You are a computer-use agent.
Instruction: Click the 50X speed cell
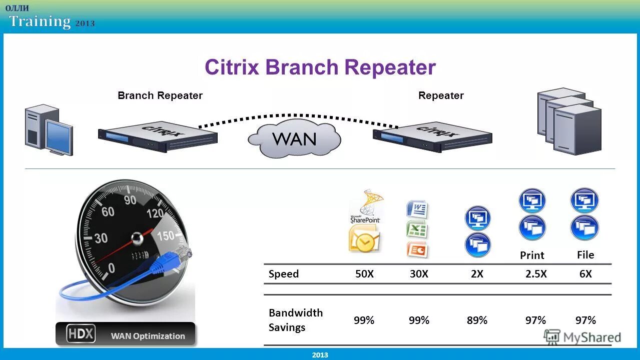click(x=364, y=274)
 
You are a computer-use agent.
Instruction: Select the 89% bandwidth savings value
click(x=477, y=320)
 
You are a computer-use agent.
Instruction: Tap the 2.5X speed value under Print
click(x=535, y=274)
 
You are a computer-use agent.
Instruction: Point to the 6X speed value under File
click(x=585, y=274)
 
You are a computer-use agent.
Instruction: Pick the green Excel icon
click(x=417, y=229)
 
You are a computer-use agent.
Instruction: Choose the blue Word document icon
click(x=417, y=209)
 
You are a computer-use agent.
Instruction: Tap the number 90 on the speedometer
click(x=130, y=200)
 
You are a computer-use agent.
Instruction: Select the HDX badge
click(x=81, y=334)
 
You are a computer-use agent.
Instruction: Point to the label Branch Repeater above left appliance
click(x=160, y=95)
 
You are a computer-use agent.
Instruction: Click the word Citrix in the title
click(x=232, y=67)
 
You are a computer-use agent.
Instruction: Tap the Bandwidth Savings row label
click(x=295, y=320)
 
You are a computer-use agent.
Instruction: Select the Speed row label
click(x=283, y=274)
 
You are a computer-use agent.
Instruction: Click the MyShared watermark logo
click(x=583, y=337)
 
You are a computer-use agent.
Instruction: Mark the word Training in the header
click(x=40, y=21)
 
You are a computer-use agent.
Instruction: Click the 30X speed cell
click(x=418, y=274)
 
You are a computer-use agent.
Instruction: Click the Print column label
click(x=532, y=255)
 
